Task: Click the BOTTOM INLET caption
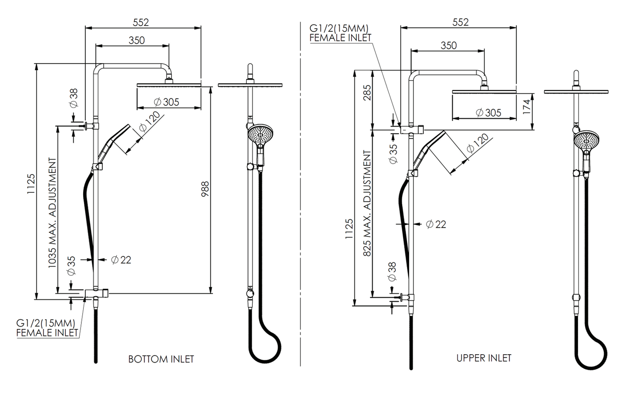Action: [x=161, y=359]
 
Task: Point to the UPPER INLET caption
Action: [x=484, y=358]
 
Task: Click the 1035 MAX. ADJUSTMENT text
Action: [x=52, y=213]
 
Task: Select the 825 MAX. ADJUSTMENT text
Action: [x=367, y=203]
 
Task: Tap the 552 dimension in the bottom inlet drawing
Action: [x=141, y=22]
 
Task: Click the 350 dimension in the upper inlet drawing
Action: [x=448, y=45]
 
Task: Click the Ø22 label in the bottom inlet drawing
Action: [x=121, y=260]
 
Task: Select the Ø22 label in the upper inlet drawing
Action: [x=436, y=224]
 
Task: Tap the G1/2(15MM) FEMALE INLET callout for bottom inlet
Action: [x=47, y=328]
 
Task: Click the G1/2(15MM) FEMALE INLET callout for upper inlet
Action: [x=340, y=33]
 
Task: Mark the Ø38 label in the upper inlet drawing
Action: [x=392, y=272]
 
